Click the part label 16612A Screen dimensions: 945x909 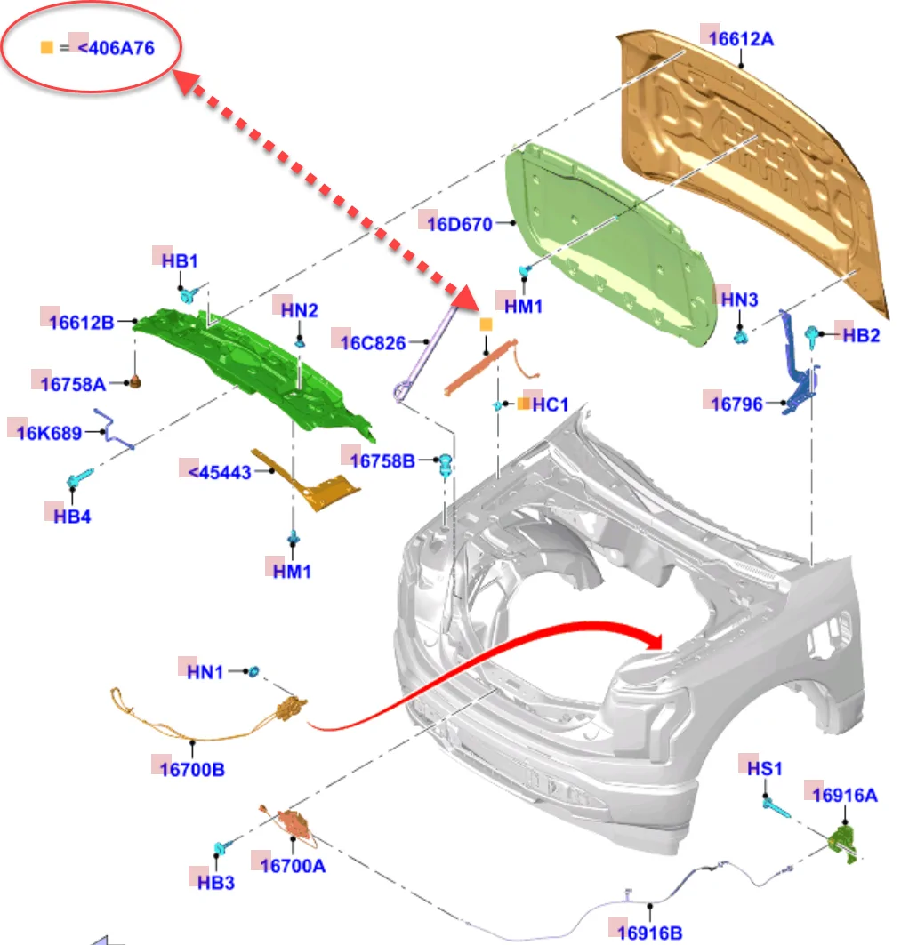(x=742, y=39)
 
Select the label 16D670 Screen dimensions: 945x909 (x=459, y=224)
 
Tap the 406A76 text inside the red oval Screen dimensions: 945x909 (x=116, y=48)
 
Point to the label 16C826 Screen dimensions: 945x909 (x=374, y=342)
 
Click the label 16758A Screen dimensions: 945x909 (x=73, y=384)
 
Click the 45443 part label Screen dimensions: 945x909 (x=220, y=472)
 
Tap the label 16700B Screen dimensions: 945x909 (x=192, y=769)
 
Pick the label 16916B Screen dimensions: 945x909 (x=650, y=933)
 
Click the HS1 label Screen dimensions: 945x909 (x=764, y=767)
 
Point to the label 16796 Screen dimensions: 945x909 (x=736, y=404)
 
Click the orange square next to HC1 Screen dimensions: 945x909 (x=524, y=404)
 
